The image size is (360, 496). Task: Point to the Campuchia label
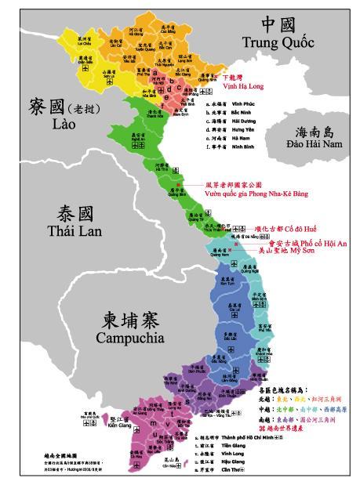click(x=129, y=338)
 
